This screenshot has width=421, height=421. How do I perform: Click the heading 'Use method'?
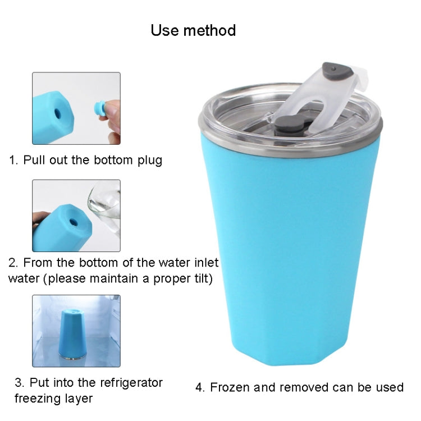tap(193, 30)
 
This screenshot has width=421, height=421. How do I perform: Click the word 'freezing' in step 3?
tap(38, 399)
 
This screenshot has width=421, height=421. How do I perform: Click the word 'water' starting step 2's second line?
tap(24, 278)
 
